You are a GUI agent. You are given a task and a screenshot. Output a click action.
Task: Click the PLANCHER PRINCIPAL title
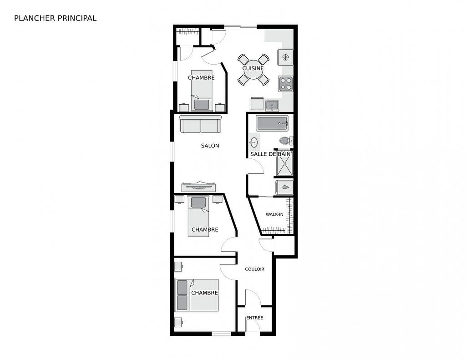pos(55,18)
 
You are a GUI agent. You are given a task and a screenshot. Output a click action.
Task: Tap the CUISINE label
pos(253,68)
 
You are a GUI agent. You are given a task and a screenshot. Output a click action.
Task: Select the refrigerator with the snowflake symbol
pos(286,57)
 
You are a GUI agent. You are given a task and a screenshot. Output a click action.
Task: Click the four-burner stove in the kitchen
pos(286,84)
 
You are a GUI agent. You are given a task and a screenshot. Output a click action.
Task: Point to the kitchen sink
pos(272,106)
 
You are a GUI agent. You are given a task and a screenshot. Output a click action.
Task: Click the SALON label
pos(210,146)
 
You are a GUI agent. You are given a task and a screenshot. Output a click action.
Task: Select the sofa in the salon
pos(200,124)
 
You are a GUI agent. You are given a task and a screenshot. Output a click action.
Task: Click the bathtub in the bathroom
pos(272,123)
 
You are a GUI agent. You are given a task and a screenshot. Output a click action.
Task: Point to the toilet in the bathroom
pos(286,140)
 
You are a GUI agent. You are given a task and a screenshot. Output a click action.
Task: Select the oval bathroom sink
pos(253,142)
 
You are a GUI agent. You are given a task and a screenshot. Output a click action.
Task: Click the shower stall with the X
pos(284,163)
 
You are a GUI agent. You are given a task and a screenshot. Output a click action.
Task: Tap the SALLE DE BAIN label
pos(270,154)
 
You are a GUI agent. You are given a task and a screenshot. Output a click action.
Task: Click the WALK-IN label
pos(274,214)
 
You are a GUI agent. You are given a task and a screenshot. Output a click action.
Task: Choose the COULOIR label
pos(254,269)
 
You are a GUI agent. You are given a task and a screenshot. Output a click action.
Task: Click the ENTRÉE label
pos(254,318)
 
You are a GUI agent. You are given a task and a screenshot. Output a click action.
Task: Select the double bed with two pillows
pos(197,295)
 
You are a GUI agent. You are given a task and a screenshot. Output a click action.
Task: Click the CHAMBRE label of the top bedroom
pos(201,78)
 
